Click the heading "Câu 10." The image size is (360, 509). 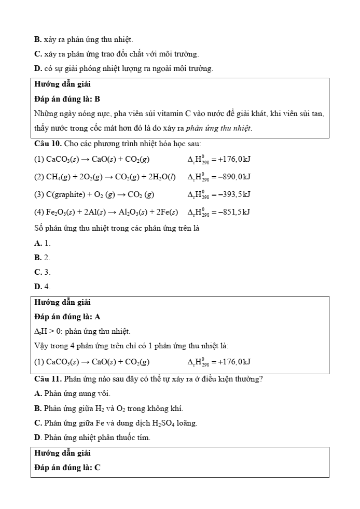pyautogui.click(x=48, y=143)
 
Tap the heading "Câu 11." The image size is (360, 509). pyautogui.click(x=48, y=379)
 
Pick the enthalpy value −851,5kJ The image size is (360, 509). pyautogui.click(x=233, y=212)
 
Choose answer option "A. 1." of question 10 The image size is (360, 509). pyautogui.click(x=43, y=243)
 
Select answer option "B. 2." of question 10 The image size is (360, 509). pyautogui.click(x=43, y=257)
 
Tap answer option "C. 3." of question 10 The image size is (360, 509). pyautogui.click(x=43, y=272)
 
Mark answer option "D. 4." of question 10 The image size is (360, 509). pyautogui.click(x=43, y=286)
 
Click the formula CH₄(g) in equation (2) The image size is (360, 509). pyautogui.click(x=59, y=177)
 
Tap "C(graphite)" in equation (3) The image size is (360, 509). pyautogui.click(x=65, y=195)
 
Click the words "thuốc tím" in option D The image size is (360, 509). pyautogui.click(x=136, y=437)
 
